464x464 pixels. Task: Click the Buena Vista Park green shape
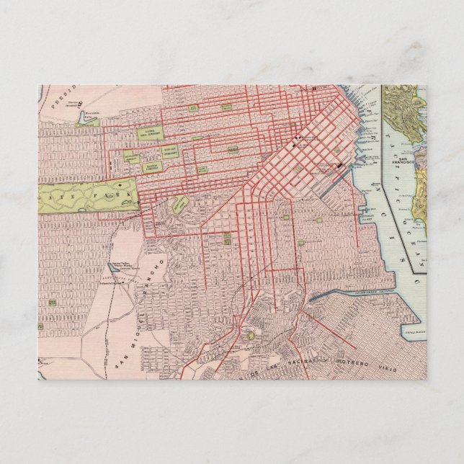(181, 202)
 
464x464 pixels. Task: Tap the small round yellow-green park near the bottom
(249, 334)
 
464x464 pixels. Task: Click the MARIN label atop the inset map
(403, 90)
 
